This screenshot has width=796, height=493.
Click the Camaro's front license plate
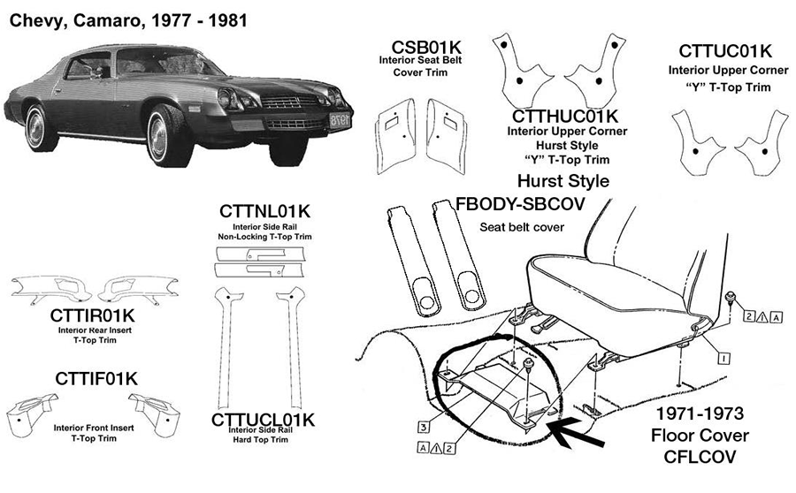pos(340,119)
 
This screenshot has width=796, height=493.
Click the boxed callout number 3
pos(425,427)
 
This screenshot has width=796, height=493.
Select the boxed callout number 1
pos(723,359)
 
